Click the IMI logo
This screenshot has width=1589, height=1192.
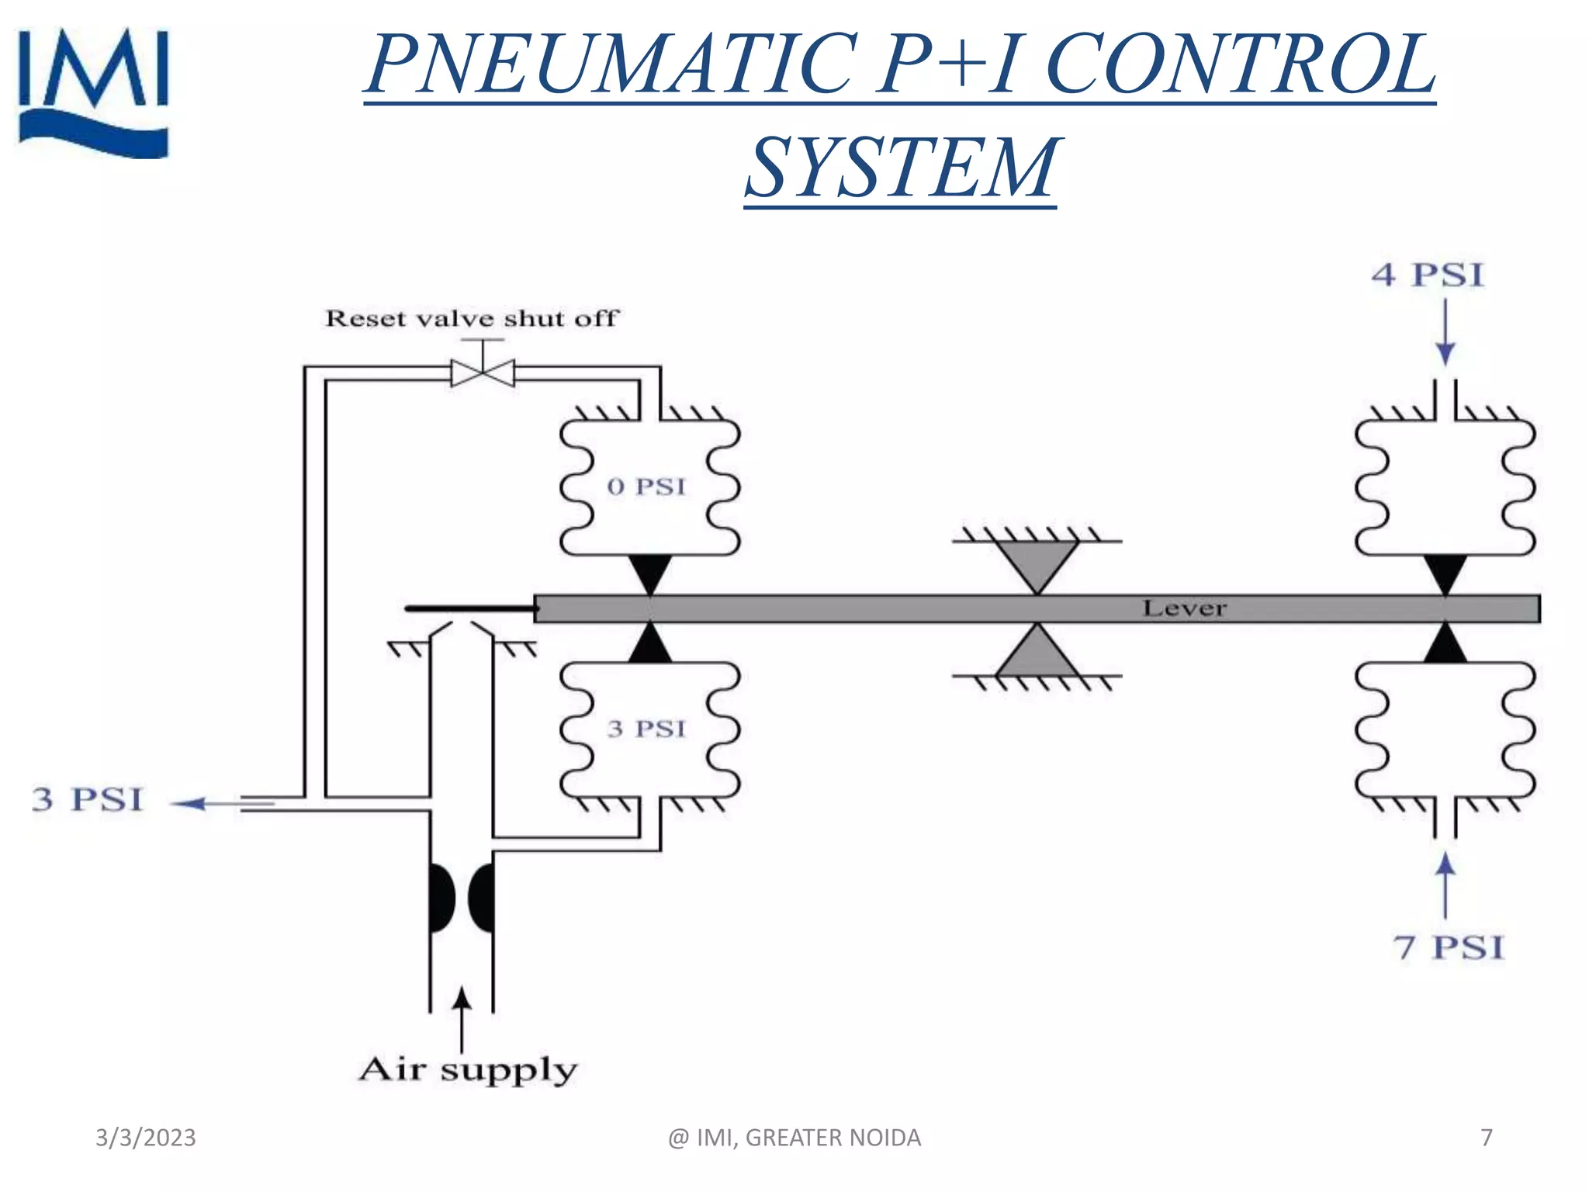point(93,93)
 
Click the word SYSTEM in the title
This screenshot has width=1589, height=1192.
point(900,168)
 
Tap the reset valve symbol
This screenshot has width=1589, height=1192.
point(483,372)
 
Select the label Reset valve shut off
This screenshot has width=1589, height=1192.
point(471,318)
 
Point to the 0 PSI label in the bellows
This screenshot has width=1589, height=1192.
point(646,487)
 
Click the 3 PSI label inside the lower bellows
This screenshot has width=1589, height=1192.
point(646,729)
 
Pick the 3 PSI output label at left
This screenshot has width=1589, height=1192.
point(88,799)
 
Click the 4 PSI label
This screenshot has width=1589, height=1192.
point(1428,275)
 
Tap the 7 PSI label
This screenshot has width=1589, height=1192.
point(1448,948)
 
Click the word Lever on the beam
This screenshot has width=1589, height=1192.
point(1184,608)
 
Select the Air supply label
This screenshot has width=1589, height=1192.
point(468,1070)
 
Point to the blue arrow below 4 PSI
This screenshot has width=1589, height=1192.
point(1445,334)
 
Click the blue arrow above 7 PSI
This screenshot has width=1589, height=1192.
point(1445,885)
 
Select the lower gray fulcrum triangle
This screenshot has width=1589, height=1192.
point(1037,653)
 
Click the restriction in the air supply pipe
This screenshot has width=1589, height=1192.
point(462,898)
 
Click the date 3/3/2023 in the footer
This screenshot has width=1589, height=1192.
point(146,1138)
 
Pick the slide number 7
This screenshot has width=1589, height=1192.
point(1486,1138)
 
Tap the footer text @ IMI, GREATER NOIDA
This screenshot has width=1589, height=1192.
point(794,1138)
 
